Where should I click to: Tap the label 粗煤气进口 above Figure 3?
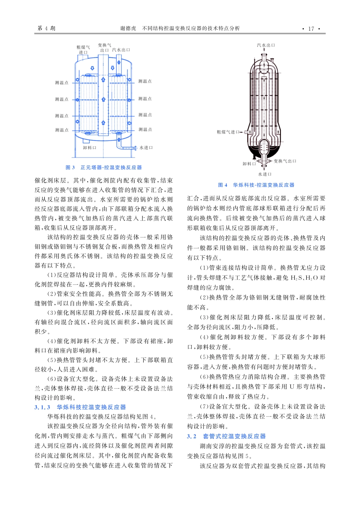pos(83,50)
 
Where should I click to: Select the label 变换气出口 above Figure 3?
pos(104,47)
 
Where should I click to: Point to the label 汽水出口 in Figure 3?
pos(121,50)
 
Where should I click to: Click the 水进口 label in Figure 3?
pos(146,148)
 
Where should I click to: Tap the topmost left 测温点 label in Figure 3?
pos(61,83)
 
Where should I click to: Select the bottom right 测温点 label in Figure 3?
pos(145,130)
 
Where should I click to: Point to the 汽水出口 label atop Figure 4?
pos(266,45)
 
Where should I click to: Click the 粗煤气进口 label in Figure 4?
pos(228,132)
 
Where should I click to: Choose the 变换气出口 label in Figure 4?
pos(285,161)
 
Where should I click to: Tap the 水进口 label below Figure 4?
pos(265,174)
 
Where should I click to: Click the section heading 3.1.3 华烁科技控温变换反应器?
pos(80,407)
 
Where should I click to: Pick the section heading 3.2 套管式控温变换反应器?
pos(226,436)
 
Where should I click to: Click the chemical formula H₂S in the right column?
pos(297,278)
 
